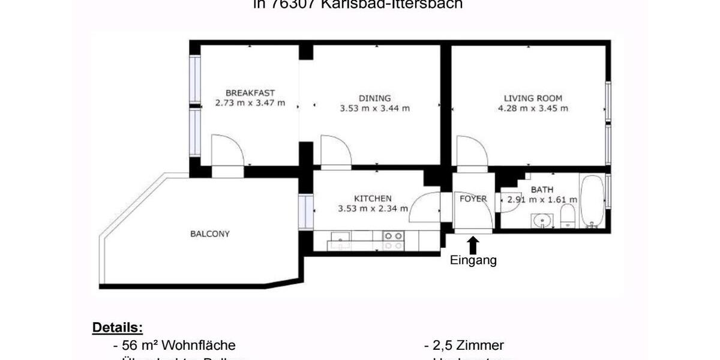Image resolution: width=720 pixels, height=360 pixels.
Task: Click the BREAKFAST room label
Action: pos(250,92)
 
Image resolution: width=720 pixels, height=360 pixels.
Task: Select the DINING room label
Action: pos(374,98)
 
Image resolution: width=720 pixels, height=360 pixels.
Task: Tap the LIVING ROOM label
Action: pos(533,98)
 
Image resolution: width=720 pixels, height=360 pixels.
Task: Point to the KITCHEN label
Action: pos(373,198)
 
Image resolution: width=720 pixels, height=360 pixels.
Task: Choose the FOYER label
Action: pos(473,199)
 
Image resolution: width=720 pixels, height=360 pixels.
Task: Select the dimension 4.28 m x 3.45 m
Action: pos(533,109)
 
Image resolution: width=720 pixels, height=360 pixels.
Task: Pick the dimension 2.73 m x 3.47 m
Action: pos(250,103)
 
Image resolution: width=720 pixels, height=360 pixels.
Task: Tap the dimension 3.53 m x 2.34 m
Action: pos(373,209)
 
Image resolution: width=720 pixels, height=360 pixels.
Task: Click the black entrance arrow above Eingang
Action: pos(473,245)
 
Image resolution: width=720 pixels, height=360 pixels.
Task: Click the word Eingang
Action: pos(473,260)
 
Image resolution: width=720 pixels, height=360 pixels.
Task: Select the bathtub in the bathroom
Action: pos(592,201)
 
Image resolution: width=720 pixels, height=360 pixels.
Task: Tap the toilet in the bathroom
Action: pos(568,216)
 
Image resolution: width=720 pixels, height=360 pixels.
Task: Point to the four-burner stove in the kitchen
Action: pos(393,241)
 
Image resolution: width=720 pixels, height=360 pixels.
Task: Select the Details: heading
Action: pos(117,328)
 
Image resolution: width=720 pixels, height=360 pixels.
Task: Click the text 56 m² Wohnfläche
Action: pos(174,346)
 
